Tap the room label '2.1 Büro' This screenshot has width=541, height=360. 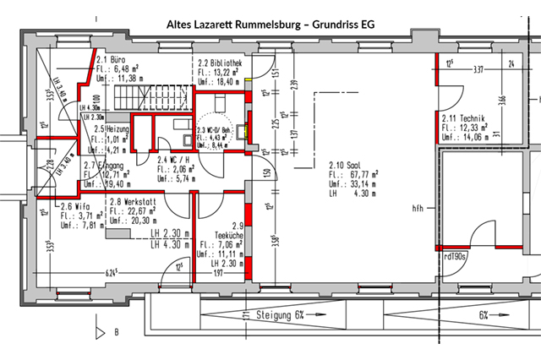[112, 60]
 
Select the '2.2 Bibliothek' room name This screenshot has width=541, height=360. [221, 63]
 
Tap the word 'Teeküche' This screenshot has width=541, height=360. [220, 236]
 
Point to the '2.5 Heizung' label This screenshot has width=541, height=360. [112, 128]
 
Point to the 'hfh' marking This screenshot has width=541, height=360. [418, 208]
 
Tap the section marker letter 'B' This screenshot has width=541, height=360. [115, 333]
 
